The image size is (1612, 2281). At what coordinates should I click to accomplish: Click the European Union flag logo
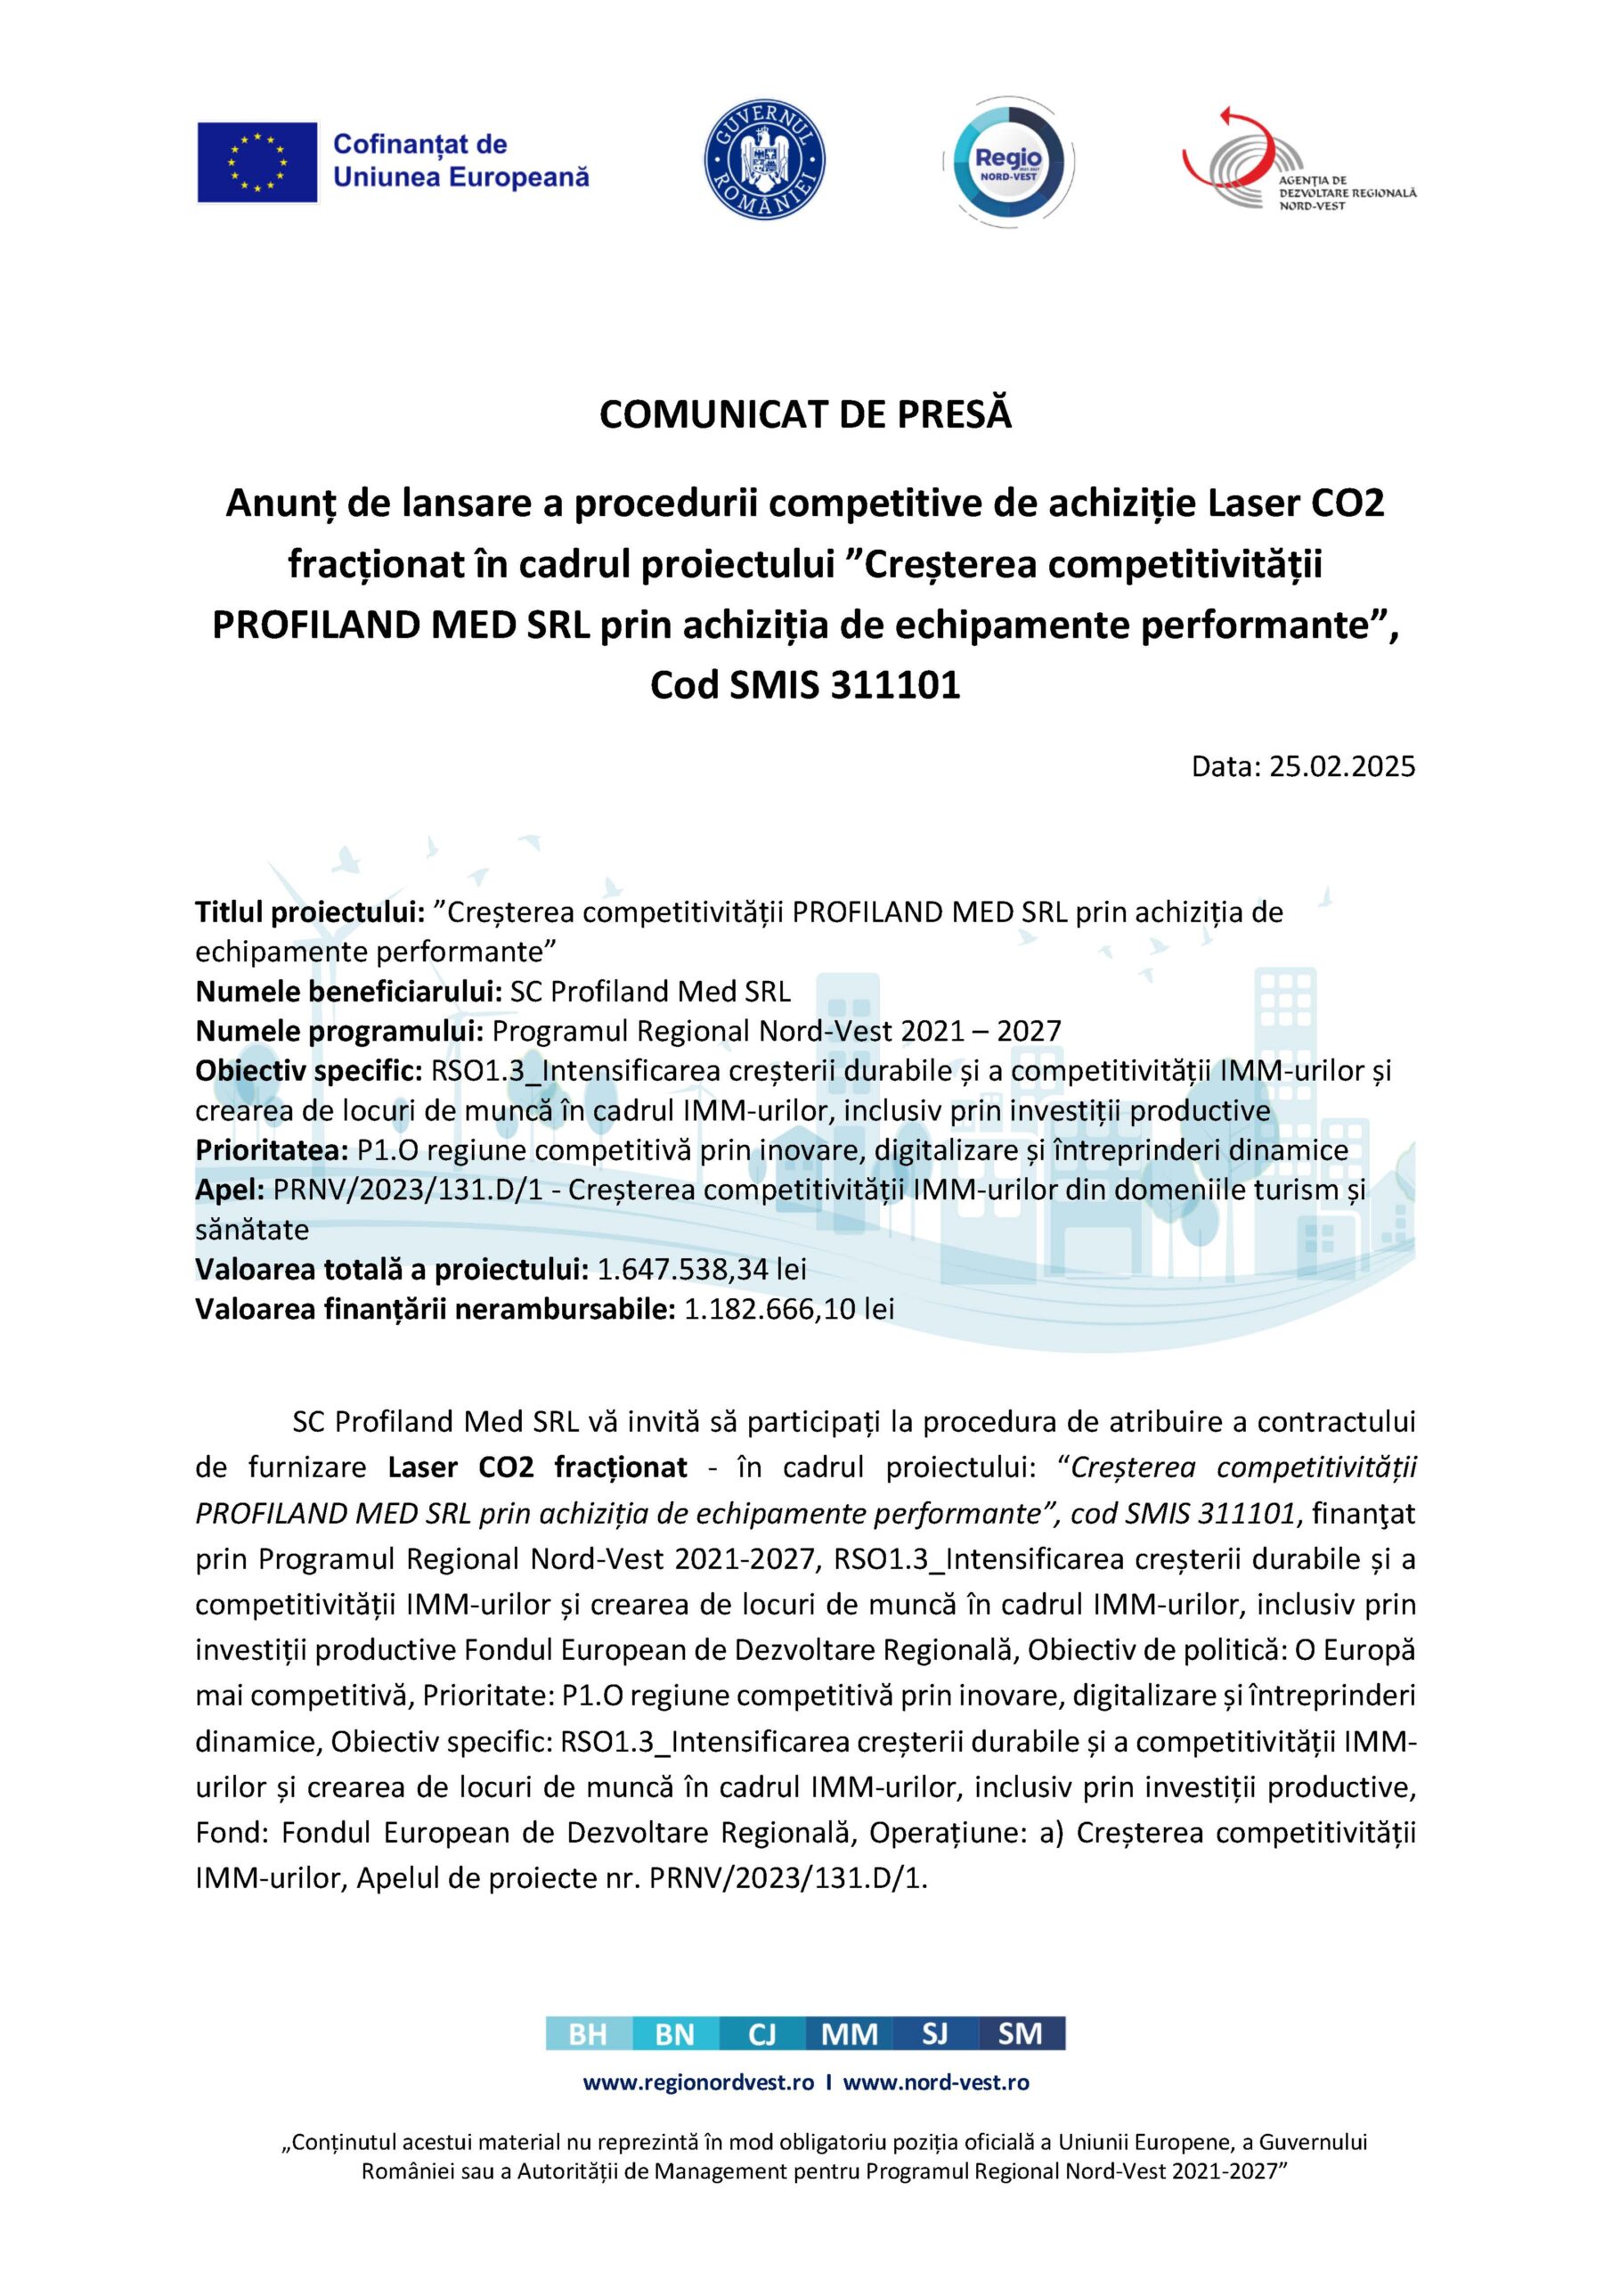(257, 162)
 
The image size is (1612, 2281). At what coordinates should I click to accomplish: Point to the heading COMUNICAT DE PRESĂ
(805, 415)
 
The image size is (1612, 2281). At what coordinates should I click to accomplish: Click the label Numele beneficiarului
(348, 992)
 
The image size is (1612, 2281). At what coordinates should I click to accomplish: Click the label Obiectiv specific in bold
(309, 1070)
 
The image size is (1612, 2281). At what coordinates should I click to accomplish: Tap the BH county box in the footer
(588, 2034)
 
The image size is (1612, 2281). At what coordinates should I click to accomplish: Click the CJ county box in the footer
(761, 2034)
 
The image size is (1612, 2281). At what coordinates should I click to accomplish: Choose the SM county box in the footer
(1021, 2034)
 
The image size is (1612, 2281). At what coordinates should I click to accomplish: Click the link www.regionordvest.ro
(698, 2082)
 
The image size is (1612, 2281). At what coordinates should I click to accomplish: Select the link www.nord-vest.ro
(936, 2082)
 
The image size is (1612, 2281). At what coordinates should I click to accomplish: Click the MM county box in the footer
(850, 2034)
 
